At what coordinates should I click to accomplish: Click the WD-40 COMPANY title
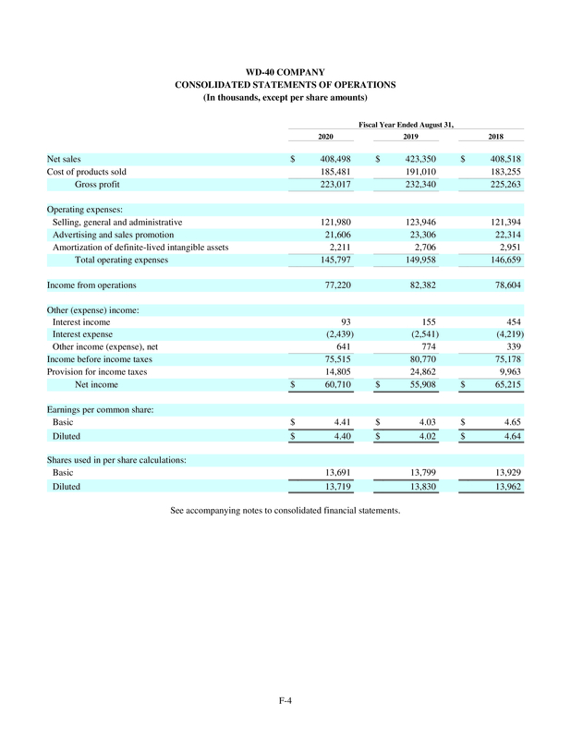[x=285, y=71]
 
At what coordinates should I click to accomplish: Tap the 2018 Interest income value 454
[x=514, y=321]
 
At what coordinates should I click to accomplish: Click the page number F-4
[x=285, y=699]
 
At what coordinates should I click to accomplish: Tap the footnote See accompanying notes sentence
[x=285, y=510]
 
